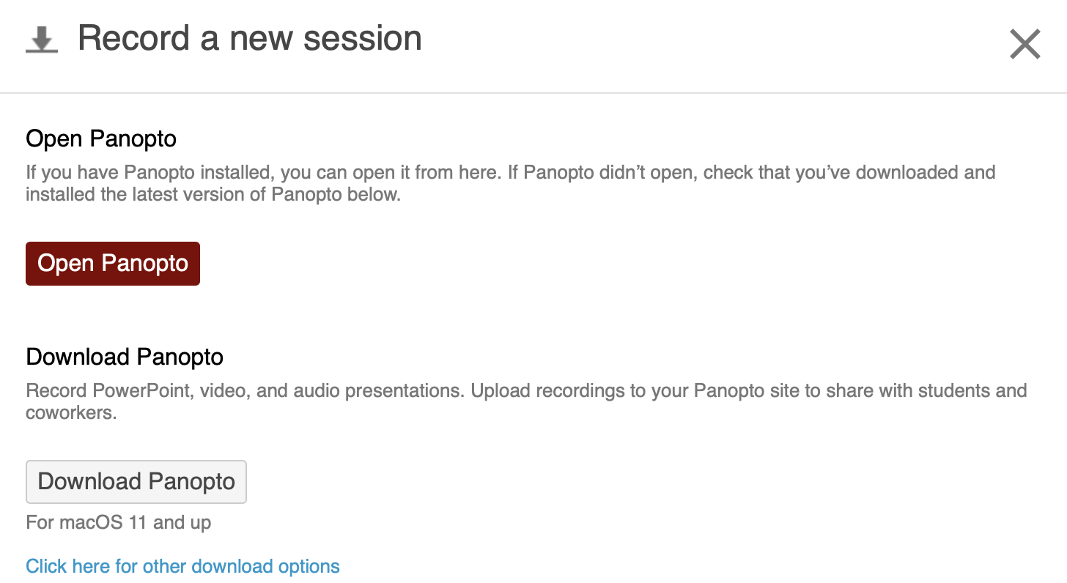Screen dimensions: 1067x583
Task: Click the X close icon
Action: coord(1025,44)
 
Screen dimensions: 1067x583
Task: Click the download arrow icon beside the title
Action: coord(42,40)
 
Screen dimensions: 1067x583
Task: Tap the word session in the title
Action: coord(363,38)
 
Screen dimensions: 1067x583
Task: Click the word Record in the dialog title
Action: coord(134,38)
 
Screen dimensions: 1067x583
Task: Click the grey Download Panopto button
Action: coord(136,482)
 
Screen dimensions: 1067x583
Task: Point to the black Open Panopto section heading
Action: coord(101,139)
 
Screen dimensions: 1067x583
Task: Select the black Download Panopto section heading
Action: coord(125,357)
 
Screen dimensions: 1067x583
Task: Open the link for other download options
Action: coord(182,566)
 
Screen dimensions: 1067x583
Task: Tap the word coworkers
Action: coord(71,412)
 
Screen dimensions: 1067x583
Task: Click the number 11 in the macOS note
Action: coord(138,522)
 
